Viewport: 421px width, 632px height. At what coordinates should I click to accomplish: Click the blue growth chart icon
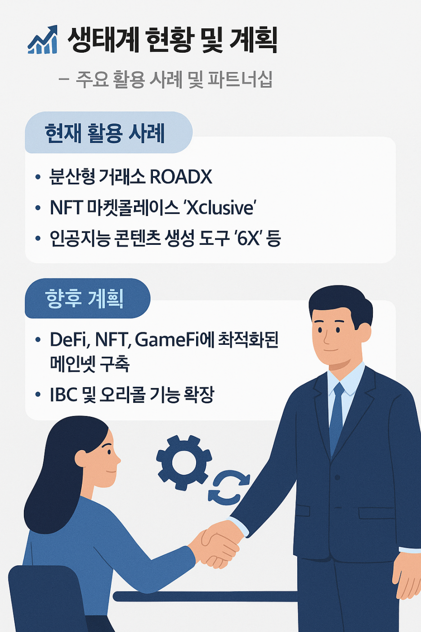tap(43, 41)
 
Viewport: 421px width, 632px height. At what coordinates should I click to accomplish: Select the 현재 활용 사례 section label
tap(105, 133)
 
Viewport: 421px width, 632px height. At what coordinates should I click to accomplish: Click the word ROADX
tap(180, 177)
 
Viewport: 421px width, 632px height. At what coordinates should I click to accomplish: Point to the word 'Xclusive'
tap(220, 208)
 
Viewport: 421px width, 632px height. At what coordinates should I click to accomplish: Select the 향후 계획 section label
tap(85, 298)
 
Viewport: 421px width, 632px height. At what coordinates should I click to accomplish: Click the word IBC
tap(64, 395)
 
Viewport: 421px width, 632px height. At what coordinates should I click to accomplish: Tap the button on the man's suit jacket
tap(337, 477)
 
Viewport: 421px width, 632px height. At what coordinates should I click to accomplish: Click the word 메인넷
tap(72, 364)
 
